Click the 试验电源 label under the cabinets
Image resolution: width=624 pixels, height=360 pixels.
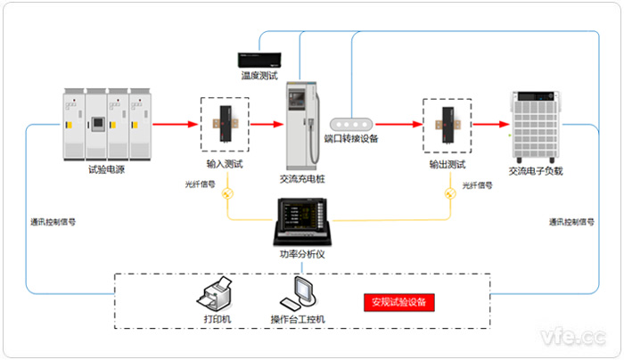pos(105,169)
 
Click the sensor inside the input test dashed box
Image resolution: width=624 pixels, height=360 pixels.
pos(225,126)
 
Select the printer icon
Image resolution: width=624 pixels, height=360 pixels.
pos(218,292)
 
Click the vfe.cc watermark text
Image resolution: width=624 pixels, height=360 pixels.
pos(574,336)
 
